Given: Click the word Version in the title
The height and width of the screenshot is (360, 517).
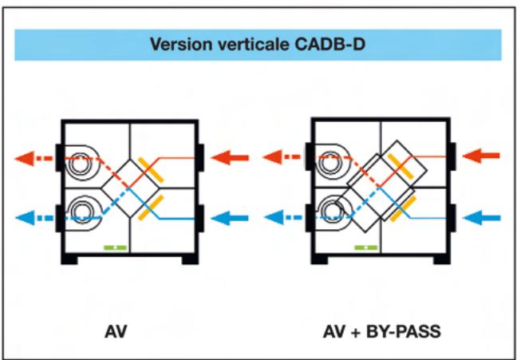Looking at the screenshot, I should [176, 45].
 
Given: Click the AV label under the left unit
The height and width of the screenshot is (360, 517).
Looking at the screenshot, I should [116, 329].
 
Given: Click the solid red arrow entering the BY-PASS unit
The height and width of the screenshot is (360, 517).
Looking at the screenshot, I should [481, 156].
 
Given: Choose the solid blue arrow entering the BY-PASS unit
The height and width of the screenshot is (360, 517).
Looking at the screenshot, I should [481, 217].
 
